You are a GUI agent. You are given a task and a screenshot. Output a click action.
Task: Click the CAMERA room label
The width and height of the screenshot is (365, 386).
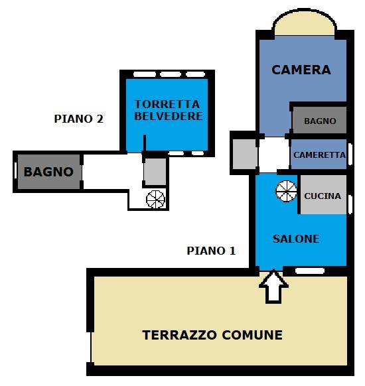click(301, 70)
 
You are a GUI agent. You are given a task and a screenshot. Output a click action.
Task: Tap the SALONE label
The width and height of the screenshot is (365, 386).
click(296, 239)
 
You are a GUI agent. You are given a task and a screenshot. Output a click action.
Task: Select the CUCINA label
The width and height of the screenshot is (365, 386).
click(323, 196)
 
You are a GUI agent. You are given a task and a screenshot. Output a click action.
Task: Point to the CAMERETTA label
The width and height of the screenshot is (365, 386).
click(319, 155)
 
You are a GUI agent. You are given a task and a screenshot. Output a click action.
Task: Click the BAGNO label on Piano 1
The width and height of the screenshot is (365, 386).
click(320, 121)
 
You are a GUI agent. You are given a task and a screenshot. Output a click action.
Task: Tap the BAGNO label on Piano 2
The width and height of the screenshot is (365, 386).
click(48, 172)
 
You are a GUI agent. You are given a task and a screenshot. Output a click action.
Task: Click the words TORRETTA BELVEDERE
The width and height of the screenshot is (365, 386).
click(168, 110)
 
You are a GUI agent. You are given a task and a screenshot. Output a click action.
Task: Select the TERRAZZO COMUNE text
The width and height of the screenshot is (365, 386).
click(212, 335)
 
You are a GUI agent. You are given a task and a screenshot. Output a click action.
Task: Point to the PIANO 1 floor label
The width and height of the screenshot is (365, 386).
click(211, 251)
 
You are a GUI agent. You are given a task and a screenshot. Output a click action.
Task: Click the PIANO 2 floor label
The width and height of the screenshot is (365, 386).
click(78, 119)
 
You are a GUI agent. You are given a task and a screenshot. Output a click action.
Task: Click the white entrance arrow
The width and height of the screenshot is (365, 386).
click(273, 287)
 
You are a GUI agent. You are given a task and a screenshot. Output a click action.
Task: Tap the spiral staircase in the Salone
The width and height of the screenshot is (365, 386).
click(287, 191)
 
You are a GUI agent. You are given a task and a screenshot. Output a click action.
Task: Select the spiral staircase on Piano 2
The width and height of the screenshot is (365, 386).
click(155, 199)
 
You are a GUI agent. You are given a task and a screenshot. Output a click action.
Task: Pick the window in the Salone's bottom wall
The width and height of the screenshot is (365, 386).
click(309, 271)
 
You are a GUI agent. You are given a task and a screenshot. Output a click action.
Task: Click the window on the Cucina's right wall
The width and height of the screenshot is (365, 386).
click(350, 204)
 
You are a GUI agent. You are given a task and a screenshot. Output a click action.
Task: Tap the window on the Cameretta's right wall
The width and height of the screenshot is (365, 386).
click(350, 155)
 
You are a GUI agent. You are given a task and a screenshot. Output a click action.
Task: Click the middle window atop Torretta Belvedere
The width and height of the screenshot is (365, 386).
click(171, 74)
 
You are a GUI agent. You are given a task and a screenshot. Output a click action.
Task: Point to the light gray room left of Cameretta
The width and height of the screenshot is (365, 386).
click(245, 154)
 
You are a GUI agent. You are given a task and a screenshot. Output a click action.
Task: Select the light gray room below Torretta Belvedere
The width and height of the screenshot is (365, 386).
click(155, 171)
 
